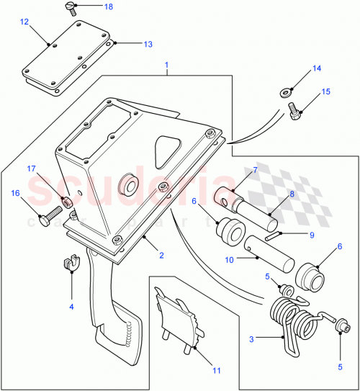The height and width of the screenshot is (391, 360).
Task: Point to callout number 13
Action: (148, 45)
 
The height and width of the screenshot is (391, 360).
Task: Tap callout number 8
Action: (292, 194)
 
